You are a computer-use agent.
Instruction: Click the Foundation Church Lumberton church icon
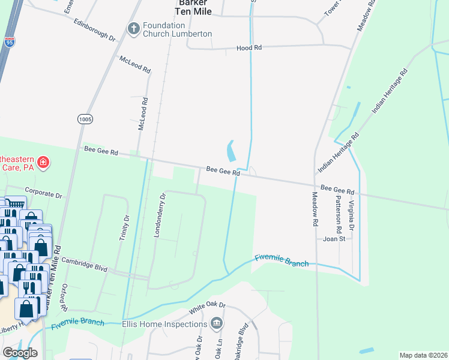tap(133, 28)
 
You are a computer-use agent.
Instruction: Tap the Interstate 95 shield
tap(9, 42)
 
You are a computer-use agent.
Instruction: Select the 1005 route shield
tap(85, 119)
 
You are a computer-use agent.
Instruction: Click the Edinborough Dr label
tap(94, 29)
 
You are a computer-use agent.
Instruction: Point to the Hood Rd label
tap(249, 47)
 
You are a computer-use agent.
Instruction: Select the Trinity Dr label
tap(126, 227)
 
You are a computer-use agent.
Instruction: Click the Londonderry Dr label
tap(160, 215)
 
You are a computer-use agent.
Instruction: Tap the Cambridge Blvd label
tap(83, 265)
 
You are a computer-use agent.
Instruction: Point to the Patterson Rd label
tap(339, 213)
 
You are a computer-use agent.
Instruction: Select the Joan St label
tap(334, 238)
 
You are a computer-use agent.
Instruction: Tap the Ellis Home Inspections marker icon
tap(217, 324)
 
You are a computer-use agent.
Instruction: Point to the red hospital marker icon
tap(43, 162)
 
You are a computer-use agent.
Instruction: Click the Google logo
tap(20, 352)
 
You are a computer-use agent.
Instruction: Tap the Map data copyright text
tap(423, 355)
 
